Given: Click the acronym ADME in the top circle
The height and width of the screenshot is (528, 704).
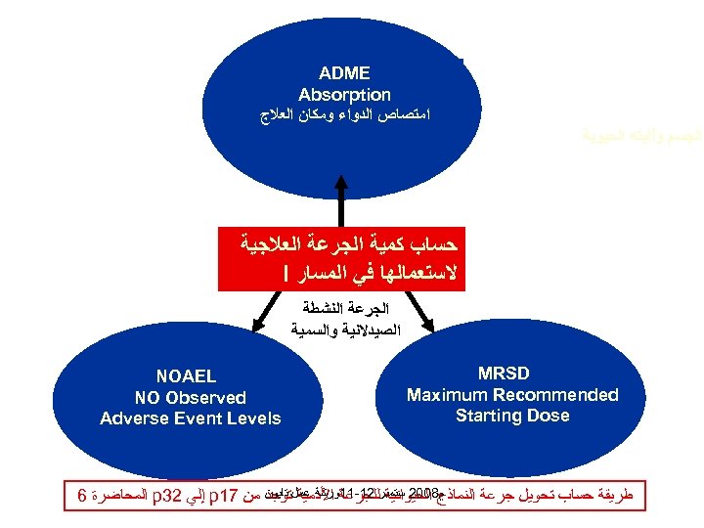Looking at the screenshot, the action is (x=344, y=72).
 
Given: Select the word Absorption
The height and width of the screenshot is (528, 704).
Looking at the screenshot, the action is (x=344, y=95).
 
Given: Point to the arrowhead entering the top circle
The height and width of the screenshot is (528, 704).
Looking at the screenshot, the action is (x=341, y=179).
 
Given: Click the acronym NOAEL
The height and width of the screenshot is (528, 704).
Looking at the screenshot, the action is (x=187, y=376).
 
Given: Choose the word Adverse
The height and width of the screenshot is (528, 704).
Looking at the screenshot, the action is (x=132, y=418).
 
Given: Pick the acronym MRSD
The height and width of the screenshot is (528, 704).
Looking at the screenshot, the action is (x=512, y=374).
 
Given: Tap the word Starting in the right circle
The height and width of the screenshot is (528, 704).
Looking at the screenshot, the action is (x=489, y=416).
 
